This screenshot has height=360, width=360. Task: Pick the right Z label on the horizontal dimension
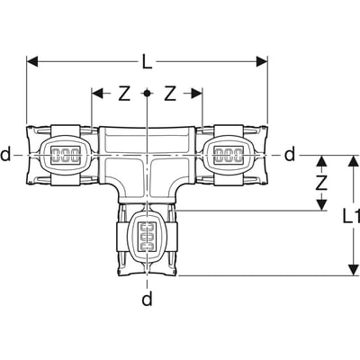[169, 94]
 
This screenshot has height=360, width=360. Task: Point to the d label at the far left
[7, 155]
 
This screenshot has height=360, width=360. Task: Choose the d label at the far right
[289, 155]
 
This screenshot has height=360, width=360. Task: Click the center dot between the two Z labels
[147, 94]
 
